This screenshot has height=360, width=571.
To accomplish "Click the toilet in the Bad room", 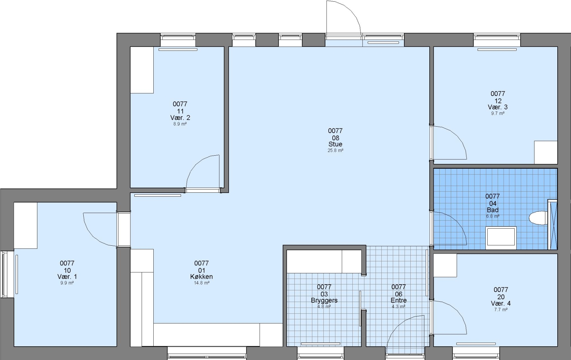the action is pyautogui.click(x=538, y=218).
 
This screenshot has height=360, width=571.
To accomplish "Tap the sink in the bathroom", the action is pyautogui.click(x=501, y=238).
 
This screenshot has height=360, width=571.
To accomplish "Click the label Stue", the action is pyautogui.click(x=335, y=144).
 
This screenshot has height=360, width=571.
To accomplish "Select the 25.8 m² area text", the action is pyautogui.click(x=335, y=150).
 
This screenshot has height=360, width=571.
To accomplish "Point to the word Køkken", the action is pyautogui.click(x=201, y=277).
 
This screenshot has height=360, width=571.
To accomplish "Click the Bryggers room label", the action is pyautogui.click(x=324, y=300).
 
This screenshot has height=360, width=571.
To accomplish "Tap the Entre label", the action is pyautogui.click(x=399, y=300).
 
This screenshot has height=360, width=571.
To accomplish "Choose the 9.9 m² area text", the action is pyautogui.click(x=67, y=283).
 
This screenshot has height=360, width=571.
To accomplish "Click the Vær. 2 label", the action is pyautogui.click(x=180, y=118).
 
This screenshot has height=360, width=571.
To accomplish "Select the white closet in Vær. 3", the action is pyautogui.click(x=546, y=152).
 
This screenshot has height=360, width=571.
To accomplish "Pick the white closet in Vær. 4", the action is pyautogui.click(x=445, y=265).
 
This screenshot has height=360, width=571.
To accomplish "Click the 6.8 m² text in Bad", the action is pyautogui.click(x=492, y=216).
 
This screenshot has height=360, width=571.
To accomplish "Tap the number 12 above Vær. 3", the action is pyautogui.click(x=498, y=101).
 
